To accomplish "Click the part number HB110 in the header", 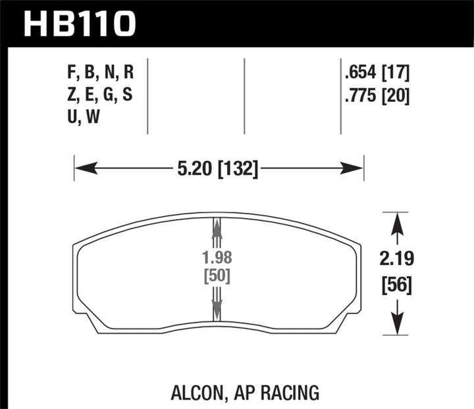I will click(80, 24).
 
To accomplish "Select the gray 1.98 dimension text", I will click(217, 258).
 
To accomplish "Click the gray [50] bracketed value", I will click(217, 276).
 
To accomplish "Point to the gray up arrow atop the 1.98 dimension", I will click(217, 227).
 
